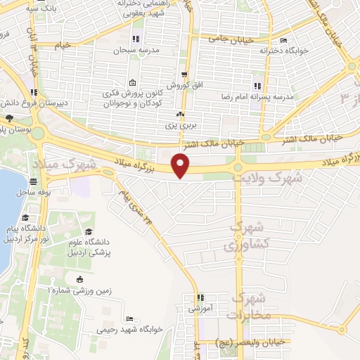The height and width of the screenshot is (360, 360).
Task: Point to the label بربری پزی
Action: coord(179,125)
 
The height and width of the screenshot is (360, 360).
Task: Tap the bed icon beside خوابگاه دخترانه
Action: coord(283,40)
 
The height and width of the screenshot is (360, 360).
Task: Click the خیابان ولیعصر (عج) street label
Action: coord(251,341)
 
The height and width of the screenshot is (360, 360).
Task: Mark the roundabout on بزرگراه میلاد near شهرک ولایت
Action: coord(238,167)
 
